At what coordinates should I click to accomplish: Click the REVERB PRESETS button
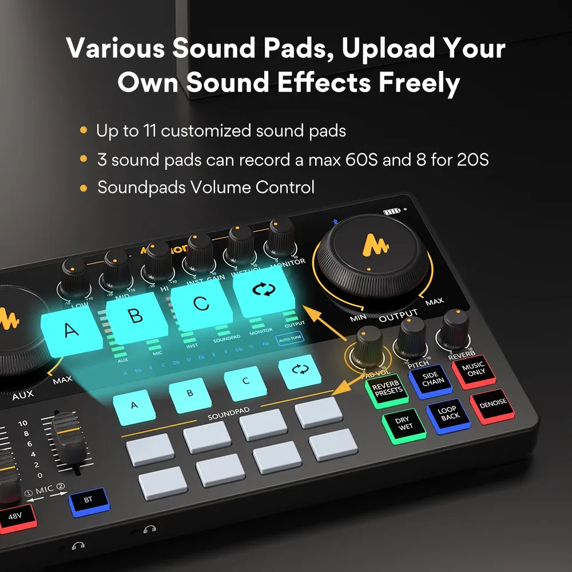click(x=388, y=391)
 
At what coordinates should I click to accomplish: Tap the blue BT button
click(x=88, y=500)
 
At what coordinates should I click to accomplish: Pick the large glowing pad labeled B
click(x=136, y=316)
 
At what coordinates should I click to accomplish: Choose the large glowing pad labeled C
click(x=201, y=303)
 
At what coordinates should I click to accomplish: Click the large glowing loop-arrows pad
click(x=264, y=291)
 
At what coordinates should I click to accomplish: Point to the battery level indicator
click(x=392, y=212)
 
